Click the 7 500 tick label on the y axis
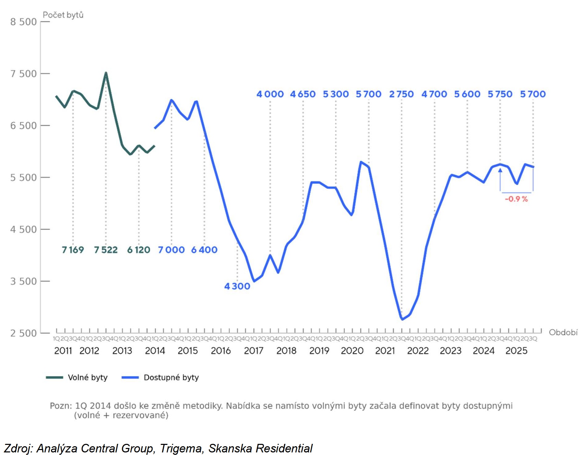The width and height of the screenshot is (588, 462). coord(23,74)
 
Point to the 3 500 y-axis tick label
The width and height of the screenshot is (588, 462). coord(23,281)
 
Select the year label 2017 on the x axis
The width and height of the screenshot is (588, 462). coord(253,351)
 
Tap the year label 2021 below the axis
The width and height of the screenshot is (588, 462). coord(385,351)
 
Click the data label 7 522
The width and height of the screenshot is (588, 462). coord(106,250)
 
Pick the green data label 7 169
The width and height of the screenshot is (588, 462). coord(73,250)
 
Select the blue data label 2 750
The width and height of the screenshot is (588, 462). coord(401,94)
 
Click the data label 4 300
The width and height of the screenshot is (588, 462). coord(237,286)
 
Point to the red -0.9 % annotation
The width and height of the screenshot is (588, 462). coord(516,199)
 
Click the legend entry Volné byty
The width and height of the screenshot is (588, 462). coord(87,377)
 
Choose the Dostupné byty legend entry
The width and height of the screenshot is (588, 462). coord(171,377)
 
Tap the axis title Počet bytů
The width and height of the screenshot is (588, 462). coord(63,15)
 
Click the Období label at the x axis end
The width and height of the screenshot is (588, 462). coord(563,332)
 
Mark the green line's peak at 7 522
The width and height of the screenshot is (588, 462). coord(106,73)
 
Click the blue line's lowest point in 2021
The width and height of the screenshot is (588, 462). coord(402,319)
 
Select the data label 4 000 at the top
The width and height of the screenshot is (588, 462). coord(270,94)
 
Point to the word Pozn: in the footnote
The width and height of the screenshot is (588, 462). coord(61,406)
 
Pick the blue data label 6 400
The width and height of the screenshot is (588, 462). coord(204,250)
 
